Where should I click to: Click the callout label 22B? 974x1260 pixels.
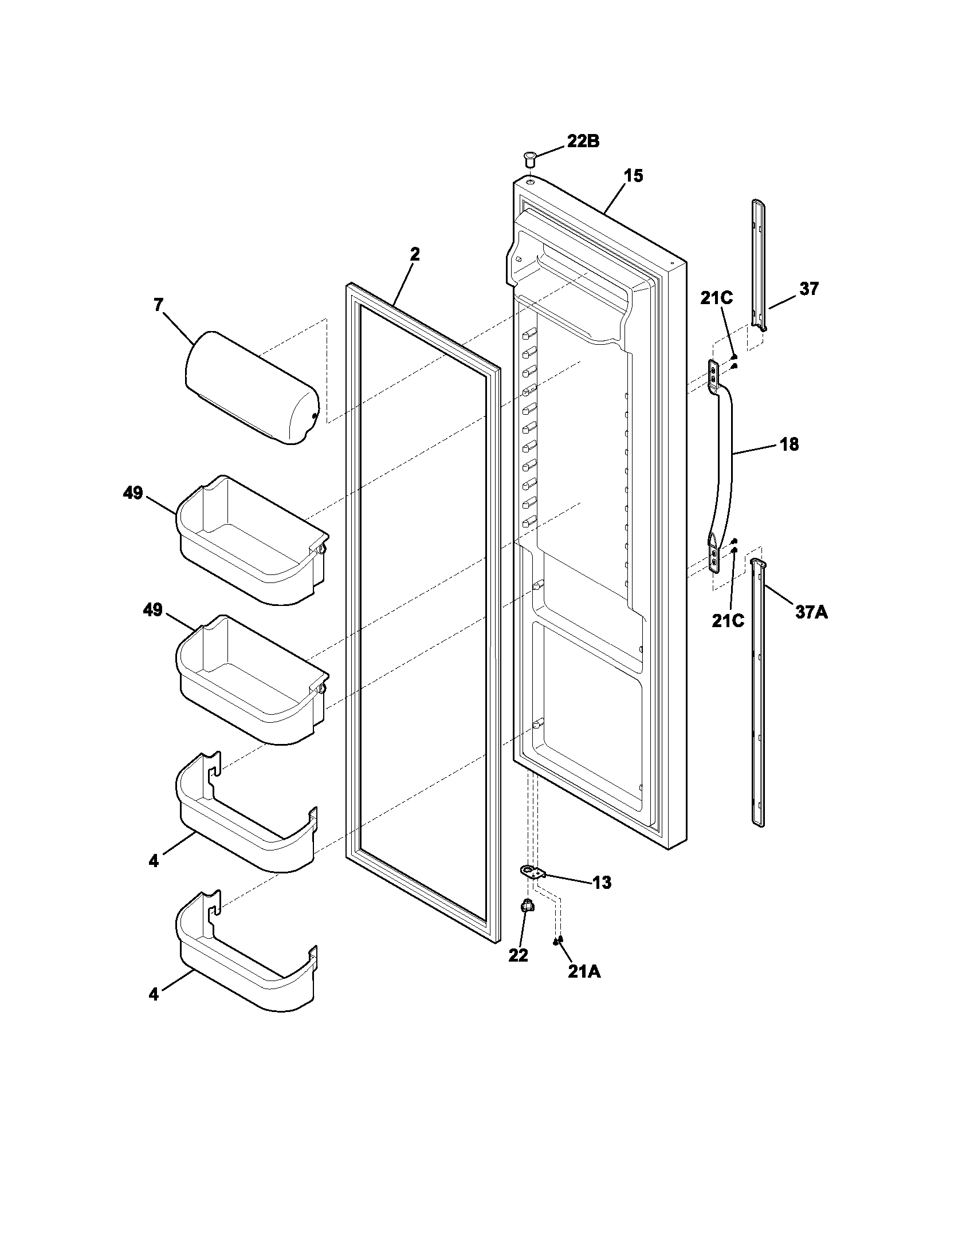click(582, 141)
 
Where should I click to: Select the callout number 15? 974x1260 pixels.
click(633, 176)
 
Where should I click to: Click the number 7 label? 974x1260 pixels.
click(159, 305)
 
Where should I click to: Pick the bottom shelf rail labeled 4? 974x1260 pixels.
click(248, 960)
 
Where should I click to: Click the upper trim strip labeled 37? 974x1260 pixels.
click(760, 265)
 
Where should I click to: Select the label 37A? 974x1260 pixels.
click(811, 612)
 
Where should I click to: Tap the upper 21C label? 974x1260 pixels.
click(717, 298)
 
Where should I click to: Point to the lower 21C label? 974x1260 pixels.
click(728, 621)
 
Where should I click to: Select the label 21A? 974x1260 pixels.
click(584, 972)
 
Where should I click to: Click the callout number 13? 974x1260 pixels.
click(601, 883)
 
